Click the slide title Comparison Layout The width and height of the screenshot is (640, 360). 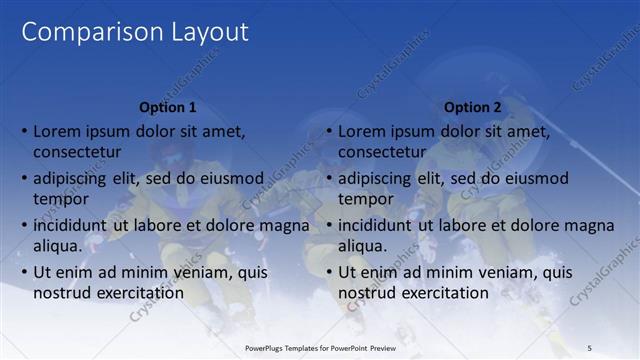point(135,32)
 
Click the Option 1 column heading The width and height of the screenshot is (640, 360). point(166,107)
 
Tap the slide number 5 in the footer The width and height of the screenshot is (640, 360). point(590,347)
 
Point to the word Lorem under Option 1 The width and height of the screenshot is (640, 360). point(59,131)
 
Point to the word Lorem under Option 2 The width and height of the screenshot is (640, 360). point(364,131)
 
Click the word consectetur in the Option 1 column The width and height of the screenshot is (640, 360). point(77,152)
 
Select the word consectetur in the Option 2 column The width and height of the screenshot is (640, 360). point(382,152)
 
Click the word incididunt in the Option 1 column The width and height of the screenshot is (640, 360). point(71,225)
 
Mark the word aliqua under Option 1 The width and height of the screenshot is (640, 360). point(57,246)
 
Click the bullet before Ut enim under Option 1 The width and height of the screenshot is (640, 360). point(24,272)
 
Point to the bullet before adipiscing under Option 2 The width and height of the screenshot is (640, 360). point(329,178)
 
